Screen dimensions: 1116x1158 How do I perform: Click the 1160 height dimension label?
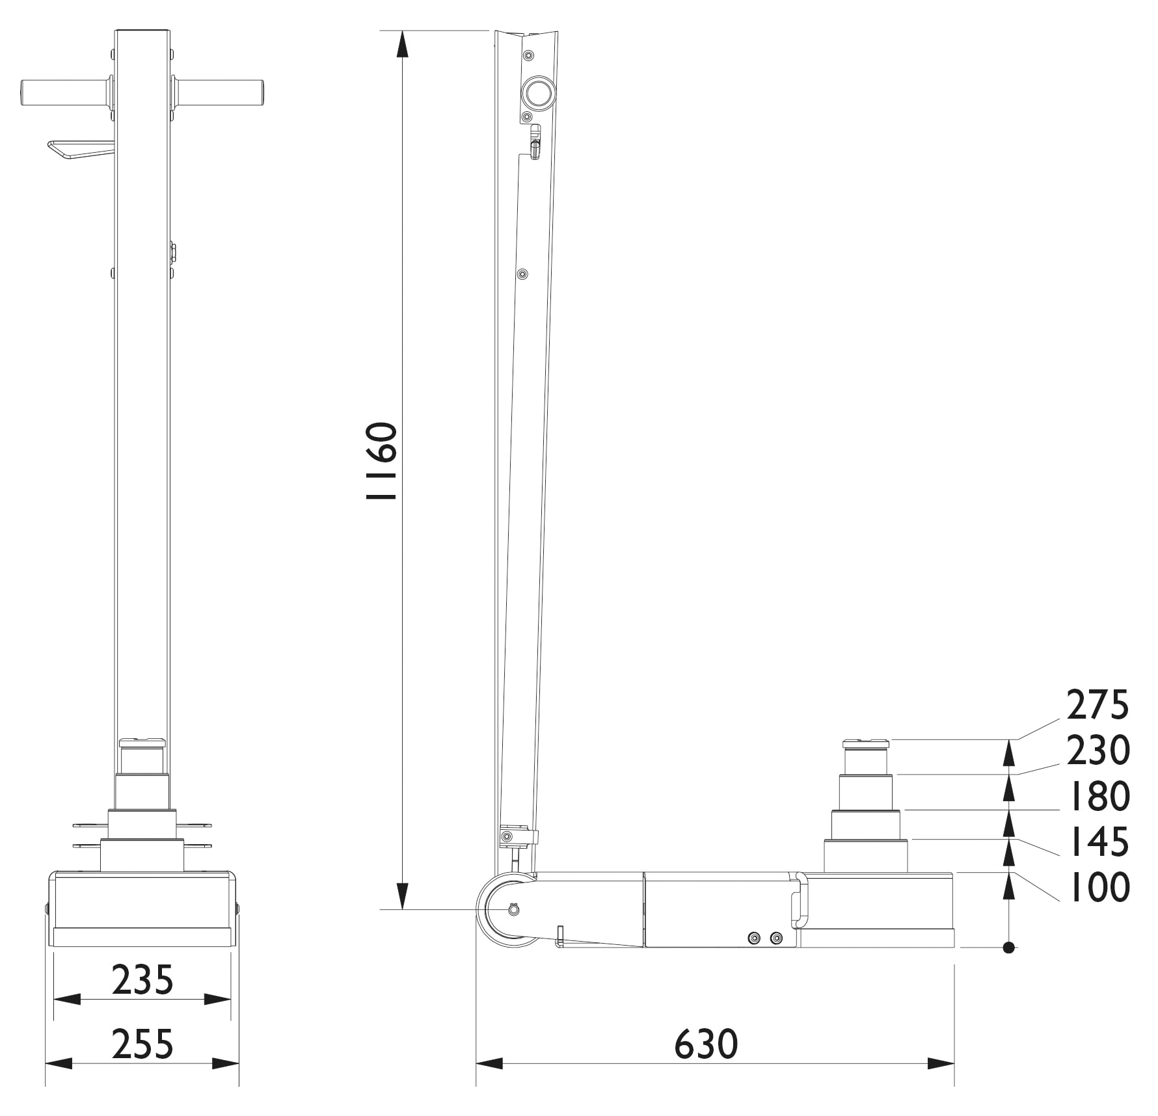(x=381, y=462)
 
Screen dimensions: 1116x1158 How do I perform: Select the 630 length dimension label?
(x=706, y=1044)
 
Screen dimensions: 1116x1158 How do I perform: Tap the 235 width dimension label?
(x=142, y=980)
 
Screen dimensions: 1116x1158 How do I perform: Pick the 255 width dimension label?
(x=142, y=1044)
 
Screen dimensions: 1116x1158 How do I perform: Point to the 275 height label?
(x=1097, y=705)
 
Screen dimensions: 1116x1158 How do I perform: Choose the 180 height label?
(x=1097, y=796)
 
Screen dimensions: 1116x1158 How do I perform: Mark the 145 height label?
(x=1097, y=842)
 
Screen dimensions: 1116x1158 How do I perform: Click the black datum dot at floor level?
(x=1008, y=948)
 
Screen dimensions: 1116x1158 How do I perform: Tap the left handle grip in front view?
(x=63, y=93)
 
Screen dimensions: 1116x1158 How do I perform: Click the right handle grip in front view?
(x=220, y=93)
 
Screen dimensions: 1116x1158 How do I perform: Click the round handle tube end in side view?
(x=538, y=93)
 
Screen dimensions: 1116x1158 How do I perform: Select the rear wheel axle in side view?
(x=513, y=910)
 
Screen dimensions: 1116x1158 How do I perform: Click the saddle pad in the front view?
(x=142, y=742)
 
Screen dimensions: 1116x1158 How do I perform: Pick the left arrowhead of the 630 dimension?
(x=488, y=1064)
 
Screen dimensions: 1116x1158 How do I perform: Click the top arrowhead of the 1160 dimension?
(x=403, y=44)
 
